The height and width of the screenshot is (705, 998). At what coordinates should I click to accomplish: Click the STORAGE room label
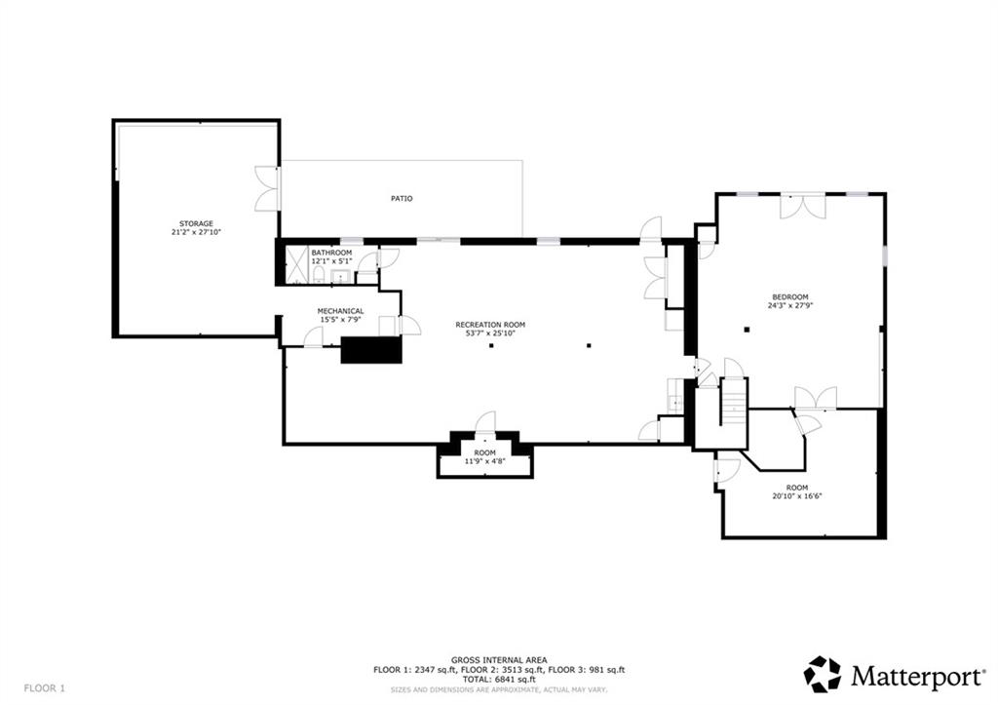pos(196,223)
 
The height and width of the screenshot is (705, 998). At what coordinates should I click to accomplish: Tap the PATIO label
pos(402,199)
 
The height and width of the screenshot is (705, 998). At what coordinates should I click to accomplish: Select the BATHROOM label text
pos(331,253)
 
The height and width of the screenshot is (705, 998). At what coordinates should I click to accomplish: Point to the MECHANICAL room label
pos(340,311)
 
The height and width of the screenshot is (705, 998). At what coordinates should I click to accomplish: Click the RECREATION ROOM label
pos(490,325)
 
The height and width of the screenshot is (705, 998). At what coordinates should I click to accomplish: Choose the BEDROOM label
pos(790,296)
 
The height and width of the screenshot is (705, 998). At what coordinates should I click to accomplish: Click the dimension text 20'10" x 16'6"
pos(797,496)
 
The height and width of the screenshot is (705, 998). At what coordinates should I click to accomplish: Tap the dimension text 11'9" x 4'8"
pos(485,462)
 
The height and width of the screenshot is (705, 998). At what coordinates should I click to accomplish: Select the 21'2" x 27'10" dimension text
pos(196,232)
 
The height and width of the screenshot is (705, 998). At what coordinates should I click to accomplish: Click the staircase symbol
pos(734,402)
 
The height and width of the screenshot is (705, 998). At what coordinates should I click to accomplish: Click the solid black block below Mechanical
pos(371,350)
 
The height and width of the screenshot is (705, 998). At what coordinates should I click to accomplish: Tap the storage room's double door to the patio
pos(267,189)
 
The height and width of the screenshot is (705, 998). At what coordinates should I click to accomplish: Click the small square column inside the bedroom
pos(748,330)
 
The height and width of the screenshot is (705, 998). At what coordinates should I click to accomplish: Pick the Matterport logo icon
pos(823,674)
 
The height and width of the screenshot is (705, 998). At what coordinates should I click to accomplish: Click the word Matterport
pos(917,676)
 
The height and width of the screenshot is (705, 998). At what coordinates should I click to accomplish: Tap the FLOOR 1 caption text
pos(45,687)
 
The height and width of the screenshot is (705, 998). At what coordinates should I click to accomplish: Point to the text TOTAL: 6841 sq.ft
pos(499,680)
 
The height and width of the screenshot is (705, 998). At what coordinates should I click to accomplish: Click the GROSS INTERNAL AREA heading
pos(499,660)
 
